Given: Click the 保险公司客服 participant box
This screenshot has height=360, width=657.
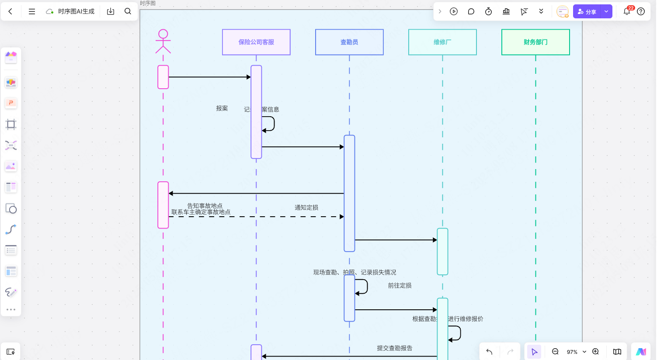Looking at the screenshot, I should tap(256, 42).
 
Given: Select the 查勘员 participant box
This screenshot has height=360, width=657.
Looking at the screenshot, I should tap(349, 42).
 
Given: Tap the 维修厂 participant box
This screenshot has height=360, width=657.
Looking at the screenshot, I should tap(442, 42).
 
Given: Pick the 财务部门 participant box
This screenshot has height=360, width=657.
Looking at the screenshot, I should tap(535, 42).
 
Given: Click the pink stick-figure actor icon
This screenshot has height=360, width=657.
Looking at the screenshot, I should tap(163, 41).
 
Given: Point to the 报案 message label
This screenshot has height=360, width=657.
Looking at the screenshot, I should tap(222, 108).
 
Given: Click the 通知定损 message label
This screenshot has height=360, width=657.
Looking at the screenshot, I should tap(306, 208).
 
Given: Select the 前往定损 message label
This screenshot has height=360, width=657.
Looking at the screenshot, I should tap(400, 285).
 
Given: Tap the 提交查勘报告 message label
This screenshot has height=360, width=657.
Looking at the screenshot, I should tap(394, 348).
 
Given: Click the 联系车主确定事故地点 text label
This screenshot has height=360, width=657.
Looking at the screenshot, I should tap(201, 212).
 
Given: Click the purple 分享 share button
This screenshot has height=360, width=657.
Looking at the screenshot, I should tap(587, 12).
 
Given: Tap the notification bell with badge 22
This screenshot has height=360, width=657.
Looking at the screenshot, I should tap(627, 11).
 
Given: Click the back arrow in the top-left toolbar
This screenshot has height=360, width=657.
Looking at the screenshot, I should tap(10, 11).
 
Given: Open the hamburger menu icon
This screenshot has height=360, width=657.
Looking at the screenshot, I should tap(32, 11).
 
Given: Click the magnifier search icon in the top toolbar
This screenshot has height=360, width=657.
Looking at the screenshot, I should tap(128, 11).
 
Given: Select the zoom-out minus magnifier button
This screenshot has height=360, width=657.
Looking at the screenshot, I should tap(555, 352).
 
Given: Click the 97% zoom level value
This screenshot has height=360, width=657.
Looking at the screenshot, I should tap(572, 352).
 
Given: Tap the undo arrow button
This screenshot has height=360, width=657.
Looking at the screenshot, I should tap(489, 352).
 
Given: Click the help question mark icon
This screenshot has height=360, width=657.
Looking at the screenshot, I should tap(641, 11).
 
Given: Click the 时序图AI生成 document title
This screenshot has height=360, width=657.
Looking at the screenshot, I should tap(76, 11).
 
